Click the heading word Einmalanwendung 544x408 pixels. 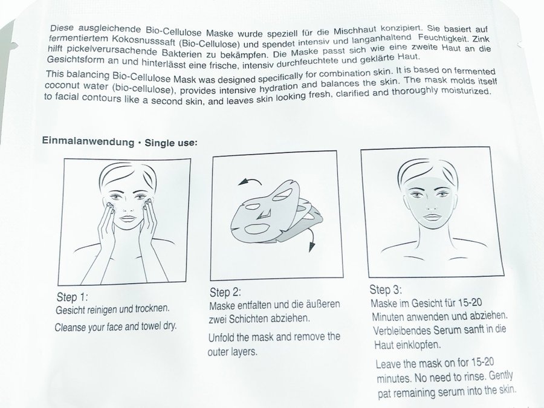[88, 141]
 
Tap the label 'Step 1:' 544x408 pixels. [72, 297]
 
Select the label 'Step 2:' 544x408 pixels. [225, 293]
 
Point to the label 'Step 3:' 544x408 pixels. [386, 290]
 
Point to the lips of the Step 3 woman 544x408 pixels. [432, 218]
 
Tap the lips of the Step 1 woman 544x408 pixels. [128, 218]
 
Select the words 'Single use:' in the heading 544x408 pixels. [171, 143]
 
